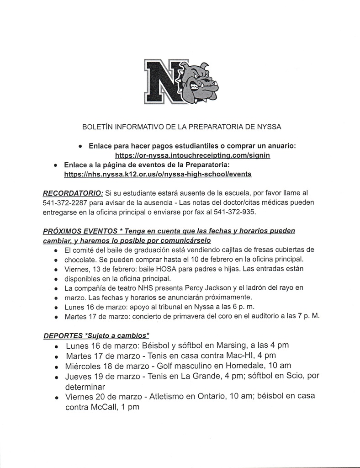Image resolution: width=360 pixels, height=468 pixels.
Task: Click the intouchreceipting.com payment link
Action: [x=192, y=155]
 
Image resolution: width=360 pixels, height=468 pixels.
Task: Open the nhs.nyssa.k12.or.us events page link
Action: [x=158, y=174]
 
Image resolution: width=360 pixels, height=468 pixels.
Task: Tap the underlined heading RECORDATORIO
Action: [x=73, y=193]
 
